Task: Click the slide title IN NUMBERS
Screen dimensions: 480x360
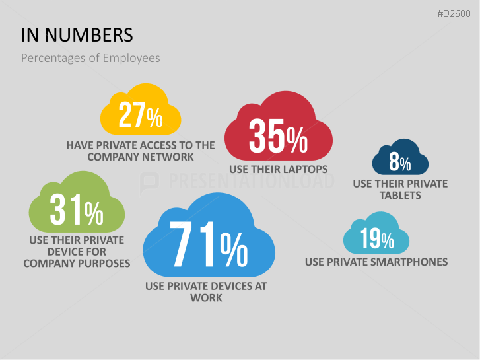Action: pyautogui.click(x=77, y=35)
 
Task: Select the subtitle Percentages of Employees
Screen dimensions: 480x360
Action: pyautogui.click(x=90, y=58)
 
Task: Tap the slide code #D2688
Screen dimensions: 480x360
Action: pyautogui.click(x=454, y=13)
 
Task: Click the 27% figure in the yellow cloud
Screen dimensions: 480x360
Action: pyautogui.click(x=141, y=114)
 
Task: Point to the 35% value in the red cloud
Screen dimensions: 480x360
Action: pyautogui.click(x=278, y=135)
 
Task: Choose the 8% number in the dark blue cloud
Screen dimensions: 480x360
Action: pyautogui.click(x=400, y=161)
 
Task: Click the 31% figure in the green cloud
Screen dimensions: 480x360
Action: pyautogui.click(x=77, y=209)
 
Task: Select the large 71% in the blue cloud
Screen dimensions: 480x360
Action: pyautogui.click(x=209, y=244)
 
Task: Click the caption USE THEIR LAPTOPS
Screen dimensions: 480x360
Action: pyautogui.click(x=278, y=169)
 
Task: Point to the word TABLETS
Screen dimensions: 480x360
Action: pyautogui.click(x=400, y=195)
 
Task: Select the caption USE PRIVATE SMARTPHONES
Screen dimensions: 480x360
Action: pyautogui.click(x=376, y=262)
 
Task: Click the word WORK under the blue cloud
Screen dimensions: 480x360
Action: pyautogui.click(x=206, y=298)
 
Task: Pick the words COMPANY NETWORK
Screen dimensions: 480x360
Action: pyautogui.click(x=141, y=157)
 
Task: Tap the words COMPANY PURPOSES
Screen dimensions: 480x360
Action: pyautogui.click(x=77, y=263)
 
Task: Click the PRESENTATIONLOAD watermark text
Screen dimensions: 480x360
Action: pyautogui.click(x=251, y=181)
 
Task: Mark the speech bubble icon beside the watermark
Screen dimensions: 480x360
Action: pyautogui.click(x=149, y=183)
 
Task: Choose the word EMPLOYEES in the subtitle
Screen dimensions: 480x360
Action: pyautogui.click(x=131, y=58)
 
